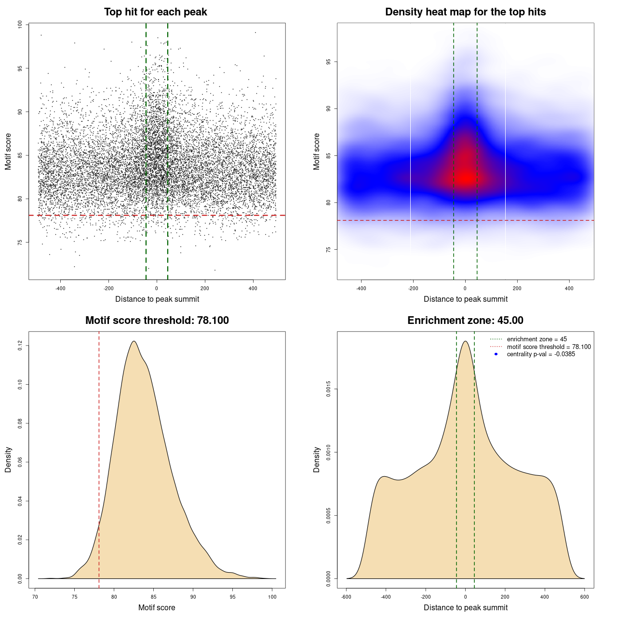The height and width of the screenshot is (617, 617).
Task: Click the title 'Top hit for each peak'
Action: tap(156, 12)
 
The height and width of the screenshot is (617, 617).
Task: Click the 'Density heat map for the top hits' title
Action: tap(465, 12)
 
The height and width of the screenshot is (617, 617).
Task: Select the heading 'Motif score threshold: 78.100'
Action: tap(157, 321)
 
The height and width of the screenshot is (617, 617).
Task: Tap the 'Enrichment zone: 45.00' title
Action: tap(465, 321)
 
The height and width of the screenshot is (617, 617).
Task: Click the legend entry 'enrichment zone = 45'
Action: tap(537, 339)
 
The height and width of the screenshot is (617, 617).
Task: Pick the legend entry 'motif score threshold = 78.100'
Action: tap(549, 347)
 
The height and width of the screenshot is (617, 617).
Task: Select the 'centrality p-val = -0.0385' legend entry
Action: tap(541, 354)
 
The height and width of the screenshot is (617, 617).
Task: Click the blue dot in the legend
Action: tap(496, 354)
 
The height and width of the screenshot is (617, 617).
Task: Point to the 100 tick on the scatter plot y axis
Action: tap(20, 25)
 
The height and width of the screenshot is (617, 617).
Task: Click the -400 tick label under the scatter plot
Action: tap(60, 288)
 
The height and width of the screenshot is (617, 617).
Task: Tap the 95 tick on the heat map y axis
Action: tap(328, 62)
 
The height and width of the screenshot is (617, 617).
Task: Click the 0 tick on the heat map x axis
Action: tap(465, 288)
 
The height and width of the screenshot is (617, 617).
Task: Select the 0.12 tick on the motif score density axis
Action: tap(20, 346)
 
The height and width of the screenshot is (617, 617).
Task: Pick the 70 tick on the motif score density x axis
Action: tap(35, 597)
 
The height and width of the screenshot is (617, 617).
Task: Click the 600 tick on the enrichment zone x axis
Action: tap(584, 597)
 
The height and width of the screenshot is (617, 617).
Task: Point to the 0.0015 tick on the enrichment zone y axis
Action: tap(328, 389)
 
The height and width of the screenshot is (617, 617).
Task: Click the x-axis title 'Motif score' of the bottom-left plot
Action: tap(157, 607)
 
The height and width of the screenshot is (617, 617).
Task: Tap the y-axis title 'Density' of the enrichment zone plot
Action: tap(317, 459)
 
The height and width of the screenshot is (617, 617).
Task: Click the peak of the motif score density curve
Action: tap(134, 341)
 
